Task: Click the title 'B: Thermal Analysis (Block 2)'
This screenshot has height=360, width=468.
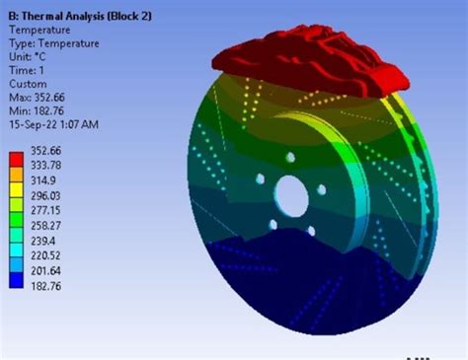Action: (x=80, y=16)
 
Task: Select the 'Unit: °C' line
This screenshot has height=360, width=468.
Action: (x=28, y=57)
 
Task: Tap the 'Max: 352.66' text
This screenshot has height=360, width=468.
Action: (x=37, y=98)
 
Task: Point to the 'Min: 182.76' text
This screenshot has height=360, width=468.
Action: (x=37, y=111)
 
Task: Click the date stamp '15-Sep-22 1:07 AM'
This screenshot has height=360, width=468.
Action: (x=53, y=124)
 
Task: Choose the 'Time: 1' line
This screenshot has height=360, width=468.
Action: (x=27, y=70)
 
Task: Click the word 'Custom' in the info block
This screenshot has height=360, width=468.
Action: (x=28, y=84)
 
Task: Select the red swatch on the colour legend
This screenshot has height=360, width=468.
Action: (x=16, y=159)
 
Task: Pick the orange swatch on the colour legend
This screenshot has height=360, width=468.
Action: (x=16, y=175)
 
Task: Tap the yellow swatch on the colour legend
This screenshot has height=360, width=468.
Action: (x=16, y=189)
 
